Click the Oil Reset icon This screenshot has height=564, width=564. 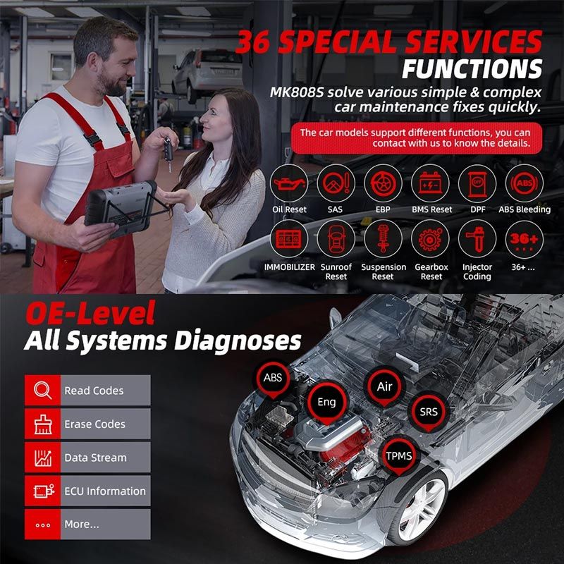click(x=289, y=183)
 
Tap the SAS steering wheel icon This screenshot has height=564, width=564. click(x=336, y=183)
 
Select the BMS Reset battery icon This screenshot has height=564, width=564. click(x=430, y=183)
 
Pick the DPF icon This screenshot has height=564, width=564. click(x=477, y=183)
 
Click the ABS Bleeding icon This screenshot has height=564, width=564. click(x=525, y=183)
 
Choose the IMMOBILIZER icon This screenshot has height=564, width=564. click(x=289, y=239)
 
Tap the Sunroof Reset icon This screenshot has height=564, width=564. click(x=336, y=239)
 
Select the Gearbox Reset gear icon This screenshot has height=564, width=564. click(x=430, y=239)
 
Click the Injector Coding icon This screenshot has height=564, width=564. click(x=477, y=239)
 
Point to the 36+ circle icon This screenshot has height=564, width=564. click(x=525, y=239)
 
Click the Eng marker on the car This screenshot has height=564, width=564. click(x=327, y=403)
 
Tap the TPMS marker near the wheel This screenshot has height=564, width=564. click(x=399, y=456)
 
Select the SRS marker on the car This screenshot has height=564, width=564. click(x=429, y=412)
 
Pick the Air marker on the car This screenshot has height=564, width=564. click(x=384, y=386)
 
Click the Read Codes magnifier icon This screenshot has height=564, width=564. click(x=43, y=391)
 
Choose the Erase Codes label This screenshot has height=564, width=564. click(x=95, y=424)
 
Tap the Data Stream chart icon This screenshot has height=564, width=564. click(x=43, y=458)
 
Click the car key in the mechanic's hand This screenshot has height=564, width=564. click(x=168, y=152)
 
